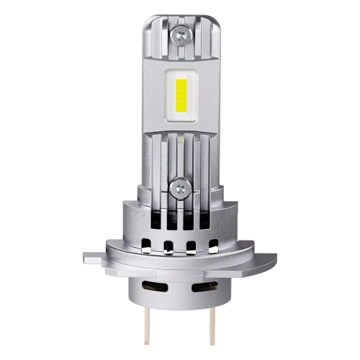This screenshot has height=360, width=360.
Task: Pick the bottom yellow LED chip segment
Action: [180, 109]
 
